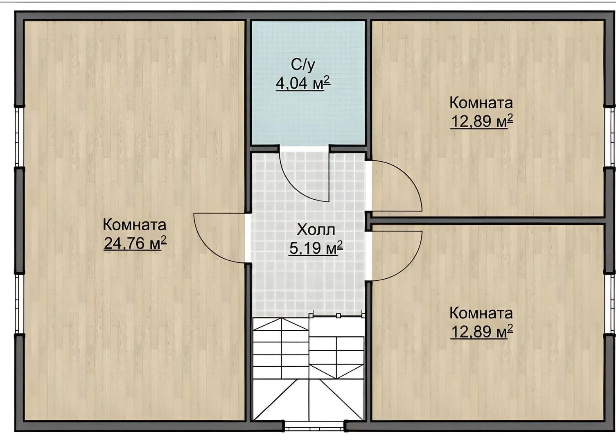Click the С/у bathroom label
click(303, 65)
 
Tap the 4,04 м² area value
click(302, 83)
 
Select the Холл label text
click(316, 230)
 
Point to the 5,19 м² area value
click(316, 248)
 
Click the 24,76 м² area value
click(135, 243)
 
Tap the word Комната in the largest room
click(135, 225)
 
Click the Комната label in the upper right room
click(481, 103)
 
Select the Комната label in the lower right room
click(481, 313)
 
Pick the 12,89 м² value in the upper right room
click(481, 121)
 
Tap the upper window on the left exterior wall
click(19, 137)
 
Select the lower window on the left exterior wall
click(19, 304)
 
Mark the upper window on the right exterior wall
click(609, 137)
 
